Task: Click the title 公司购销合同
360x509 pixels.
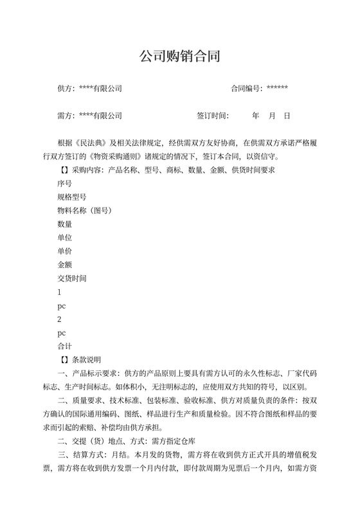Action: (180, 57)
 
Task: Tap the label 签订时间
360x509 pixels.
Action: (212, 116)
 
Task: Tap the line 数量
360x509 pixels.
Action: (64, 224)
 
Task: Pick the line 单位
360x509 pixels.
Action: (64, 238)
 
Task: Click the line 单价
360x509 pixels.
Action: (64, 251)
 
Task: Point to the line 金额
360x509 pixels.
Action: (64, 265)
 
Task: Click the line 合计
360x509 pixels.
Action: (64, 346)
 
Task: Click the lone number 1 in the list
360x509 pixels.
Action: (59, 292)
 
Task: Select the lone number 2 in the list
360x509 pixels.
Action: (59, 319)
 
